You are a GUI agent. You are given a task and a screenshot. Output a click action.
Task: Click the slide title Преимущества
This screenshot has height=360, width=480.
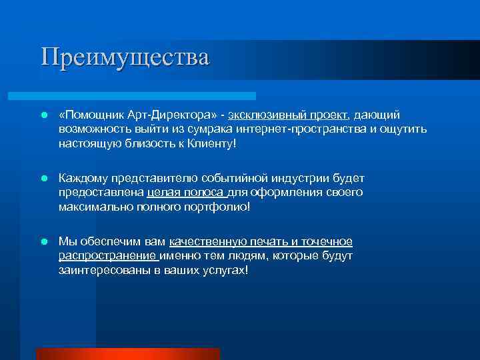[x=125, y=56]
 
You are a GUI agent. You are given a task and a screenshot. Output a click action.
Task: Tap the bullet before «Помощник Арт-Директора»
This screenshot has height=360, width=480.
[x=43, y=115]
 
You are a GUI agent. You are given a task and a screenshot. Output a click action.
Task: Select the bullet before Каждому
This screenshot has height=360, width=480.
[x=43, y=179]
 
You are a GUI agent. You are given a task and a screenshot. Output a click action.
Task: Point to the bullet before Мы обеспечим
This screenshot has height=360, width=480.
[x=43, y=241]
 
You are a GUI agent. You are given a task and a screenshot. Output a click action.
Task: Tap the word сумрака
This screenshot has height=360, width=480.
[x=199, y=129]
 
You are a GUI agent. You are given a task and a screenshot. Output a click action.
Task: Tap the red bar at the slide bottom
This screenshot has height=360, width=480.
[x=127, y=354]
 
